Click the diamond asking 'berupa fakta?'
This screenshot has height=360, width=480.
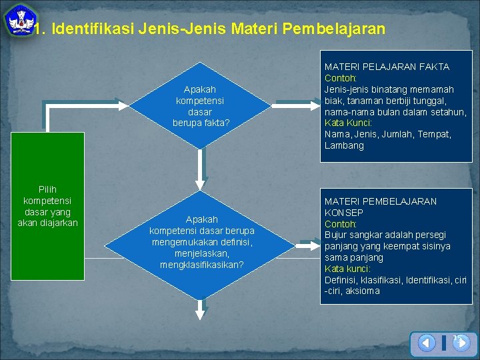(x=201, y=106)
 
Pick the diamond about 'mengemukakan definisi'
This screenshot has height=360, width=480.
(x=201, y=242)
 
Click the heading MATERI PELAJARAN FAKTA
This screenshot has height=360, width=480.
(x=387, y=67)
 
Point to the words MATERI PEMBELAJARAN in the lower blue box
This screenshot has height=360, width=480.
(x=381, y=201)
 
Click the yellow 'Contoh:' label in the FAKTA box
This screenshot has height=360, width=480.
(x=340, y=78)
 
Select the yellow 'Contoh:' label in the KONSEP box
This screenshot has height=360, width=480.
(x=340, y=223)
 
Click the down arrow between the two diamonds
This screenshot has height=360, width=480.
(x=202, y=170)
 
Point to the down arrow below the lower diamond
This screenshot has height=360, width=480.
(x=202, y=307)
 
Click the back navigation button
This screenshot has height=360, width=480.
(x=427, y=343)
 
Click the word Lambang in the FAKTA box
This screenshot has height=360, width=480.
(x=344, y=145)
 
